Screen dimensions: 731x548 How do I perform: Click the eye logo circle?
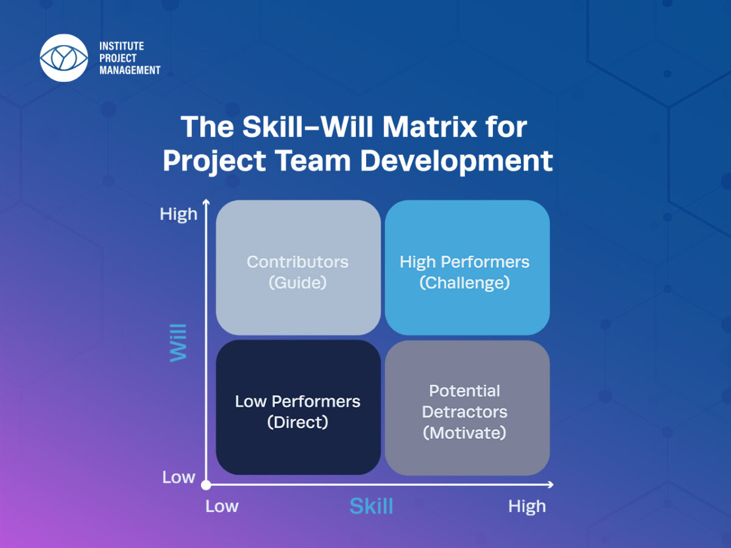(x=64, y=58)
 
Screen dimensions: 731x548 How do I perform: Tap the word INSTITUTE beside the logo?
(x=122, y=46)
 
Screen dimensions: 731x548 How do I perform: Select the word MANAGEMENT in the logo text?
(x=130, y=70)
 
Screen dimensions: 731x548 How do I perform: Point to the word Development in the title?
(x=457, y=161)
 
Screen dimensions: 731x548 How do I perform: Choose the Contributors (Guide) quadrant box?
(x=298, y=267)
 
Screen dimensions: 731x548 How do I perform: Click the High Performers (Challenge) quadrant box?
(x=467, y=267)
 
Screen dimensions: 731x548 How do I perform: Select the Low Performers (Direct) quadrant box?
(x=298, y=407)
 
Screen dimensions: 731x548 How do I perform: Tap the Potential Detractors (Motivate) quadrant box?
(x=467, y=407)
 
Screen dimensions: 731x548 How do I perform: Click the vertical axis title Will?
(x=178, y=343)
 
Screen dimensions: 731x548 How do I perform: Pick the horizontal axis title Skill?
(x=372, y=506)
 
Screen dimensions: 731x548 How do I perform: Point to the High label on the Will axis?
(x=178, y=214)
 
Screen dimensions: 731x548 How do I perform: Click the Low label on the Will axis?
(x=178, y=477)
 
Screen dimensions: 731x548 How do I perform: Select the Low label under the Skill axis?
(x=222, y=507)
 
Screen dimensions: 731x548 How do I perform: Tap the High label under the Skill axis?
(x=527, y=507)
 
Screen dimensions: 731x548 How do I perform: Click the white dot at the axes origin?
(x=206, y=485)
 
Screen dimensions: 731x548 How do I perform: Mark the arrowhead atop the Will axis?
(x=206, y=202)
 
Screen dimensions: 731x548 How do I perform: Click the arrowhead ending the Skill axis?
(x=551, y=485)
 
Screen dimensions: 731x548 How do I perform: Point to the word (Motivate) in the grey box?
(x=465, y=433)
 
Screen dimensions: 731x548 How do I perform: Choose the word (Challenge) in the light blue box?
(x=465, y=283)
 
